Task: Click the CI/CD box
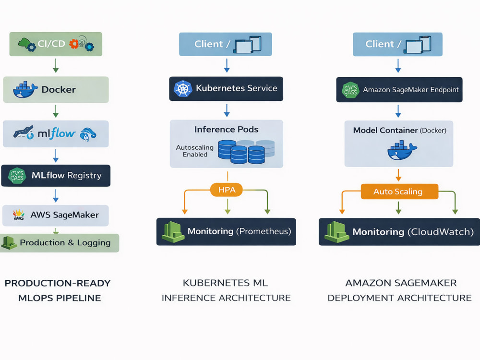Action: tap(56, 44)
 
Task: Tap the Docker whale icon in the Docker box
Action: tap(25, 90)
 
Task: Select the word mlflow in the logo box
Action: tap(56, 133)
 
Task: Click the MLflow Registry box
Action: tap(56, 176)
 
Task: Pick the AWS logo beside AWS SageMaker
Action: tap(19, 215)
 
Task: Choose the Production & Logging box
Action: tap(60, 243)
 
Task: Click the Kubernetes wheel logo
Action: tap(183, 89)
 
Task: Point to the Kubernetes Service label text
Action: tap(236, 88)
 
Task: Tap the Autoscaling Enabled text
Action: tap(195, 151)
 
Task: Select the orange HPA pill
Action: tap(227, 190)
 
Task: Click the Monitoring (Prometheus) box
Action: tap(226, 232)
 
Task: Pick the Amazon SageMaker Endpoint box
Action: tap(399, 90)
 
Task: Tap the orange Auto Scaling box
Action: tap(399, 192)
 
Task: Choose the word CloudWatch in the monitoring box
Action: tap(441, 232)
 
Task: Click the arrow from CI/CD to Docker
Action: tap(56, 66)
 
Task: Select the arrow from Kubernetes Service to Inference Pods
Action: tap(227, 110)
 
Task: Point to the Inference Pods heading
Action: tap(226, 130)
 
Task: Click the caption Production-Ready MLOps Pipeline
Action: tap(58, 290)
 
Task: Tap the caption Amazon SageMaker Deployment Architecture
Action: tap(400, 290)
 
